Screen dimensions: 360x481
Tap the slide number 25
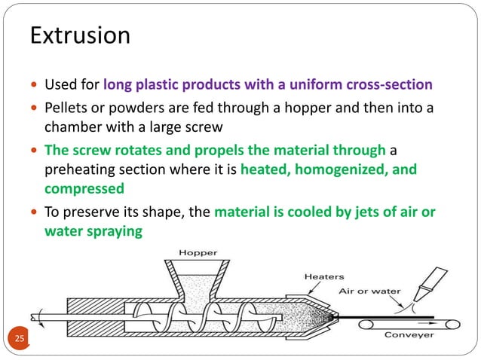[20, 340]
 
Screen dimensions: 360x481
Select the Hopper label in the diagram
[198, 252]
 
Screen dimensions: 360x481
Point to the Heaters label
[324, 276]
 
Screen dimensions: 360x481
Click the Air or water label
[369, 291]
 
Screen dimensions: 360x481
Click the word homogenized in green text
[343, 170]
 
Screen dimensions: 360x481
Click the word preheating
[81, 170]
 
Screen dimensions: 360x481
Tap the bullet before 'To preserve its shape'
[34, 212]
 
